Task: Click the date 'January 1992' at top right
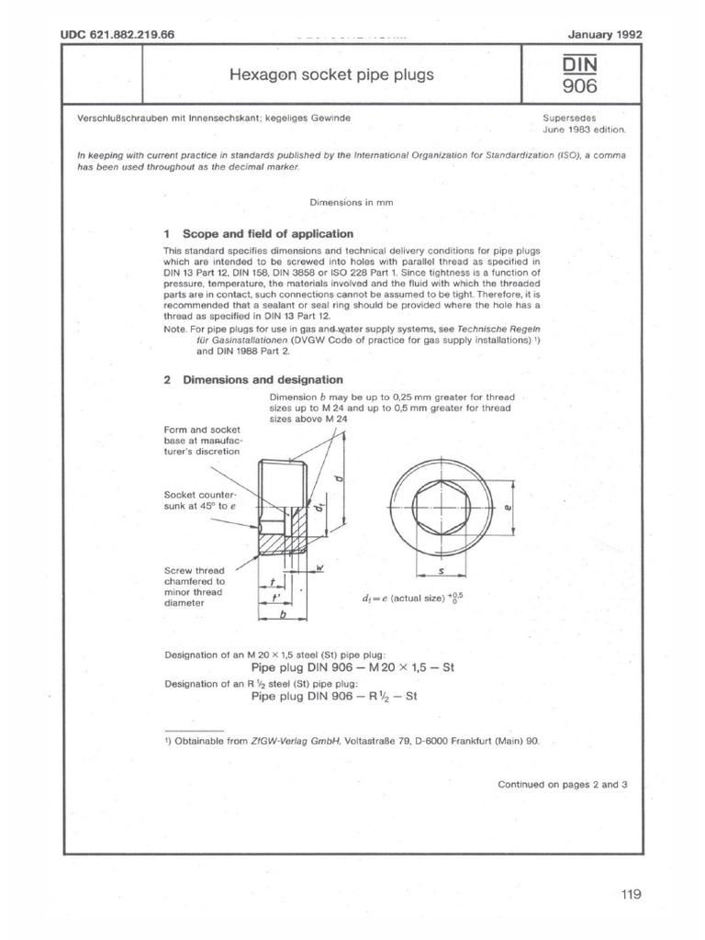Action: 605,35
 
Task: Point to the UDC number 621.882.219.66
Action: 117,35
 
